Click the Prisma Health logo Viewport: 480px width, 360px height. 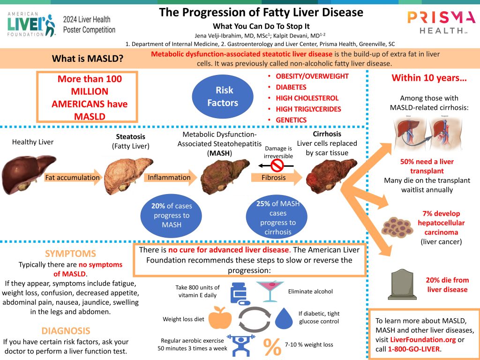[x=441, y=22]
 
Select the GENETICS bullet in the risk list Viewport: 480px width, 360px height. [x=291, y=120]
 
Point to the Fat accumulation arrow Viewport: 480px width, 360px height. [x=73, y=178]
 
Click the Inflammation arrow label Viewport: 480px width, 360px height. [x=170, y=178]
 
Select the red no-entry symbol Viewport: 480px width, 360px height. [x=278, y=165]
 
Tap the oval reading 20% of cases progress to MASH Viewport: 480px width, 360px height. [x=171, y=216]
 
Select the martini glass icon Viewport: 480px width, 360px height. [x=270, y=291]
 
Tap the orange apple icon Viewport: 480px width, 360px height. [x=220, y=318]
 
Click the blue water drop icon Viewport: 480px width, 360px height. [x=283, y=318]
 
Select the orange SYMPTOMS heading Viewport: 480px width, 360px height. [x=70, y=254]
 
